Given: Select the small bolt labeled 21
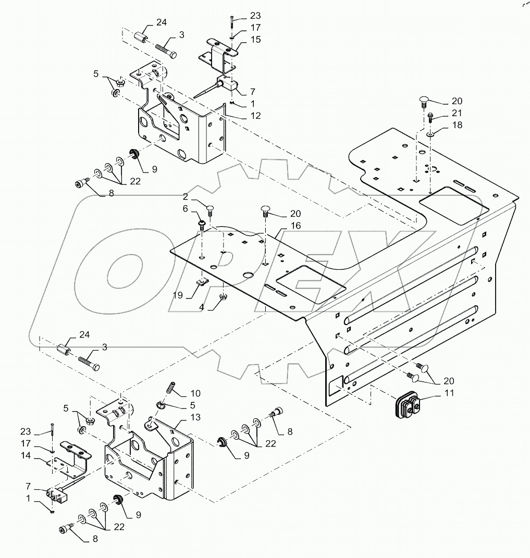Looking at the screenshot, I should (430, 117).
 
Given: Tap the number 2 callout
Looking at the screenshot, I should (186, 196).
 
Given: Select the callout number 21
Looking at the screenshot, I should (457, 113).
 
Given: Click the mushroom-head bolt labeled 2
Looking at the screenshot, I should (210, 209).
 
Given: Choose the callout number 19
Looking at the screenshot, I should (178, 295).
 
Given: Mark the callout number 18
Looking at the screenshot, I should (457, 125).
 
